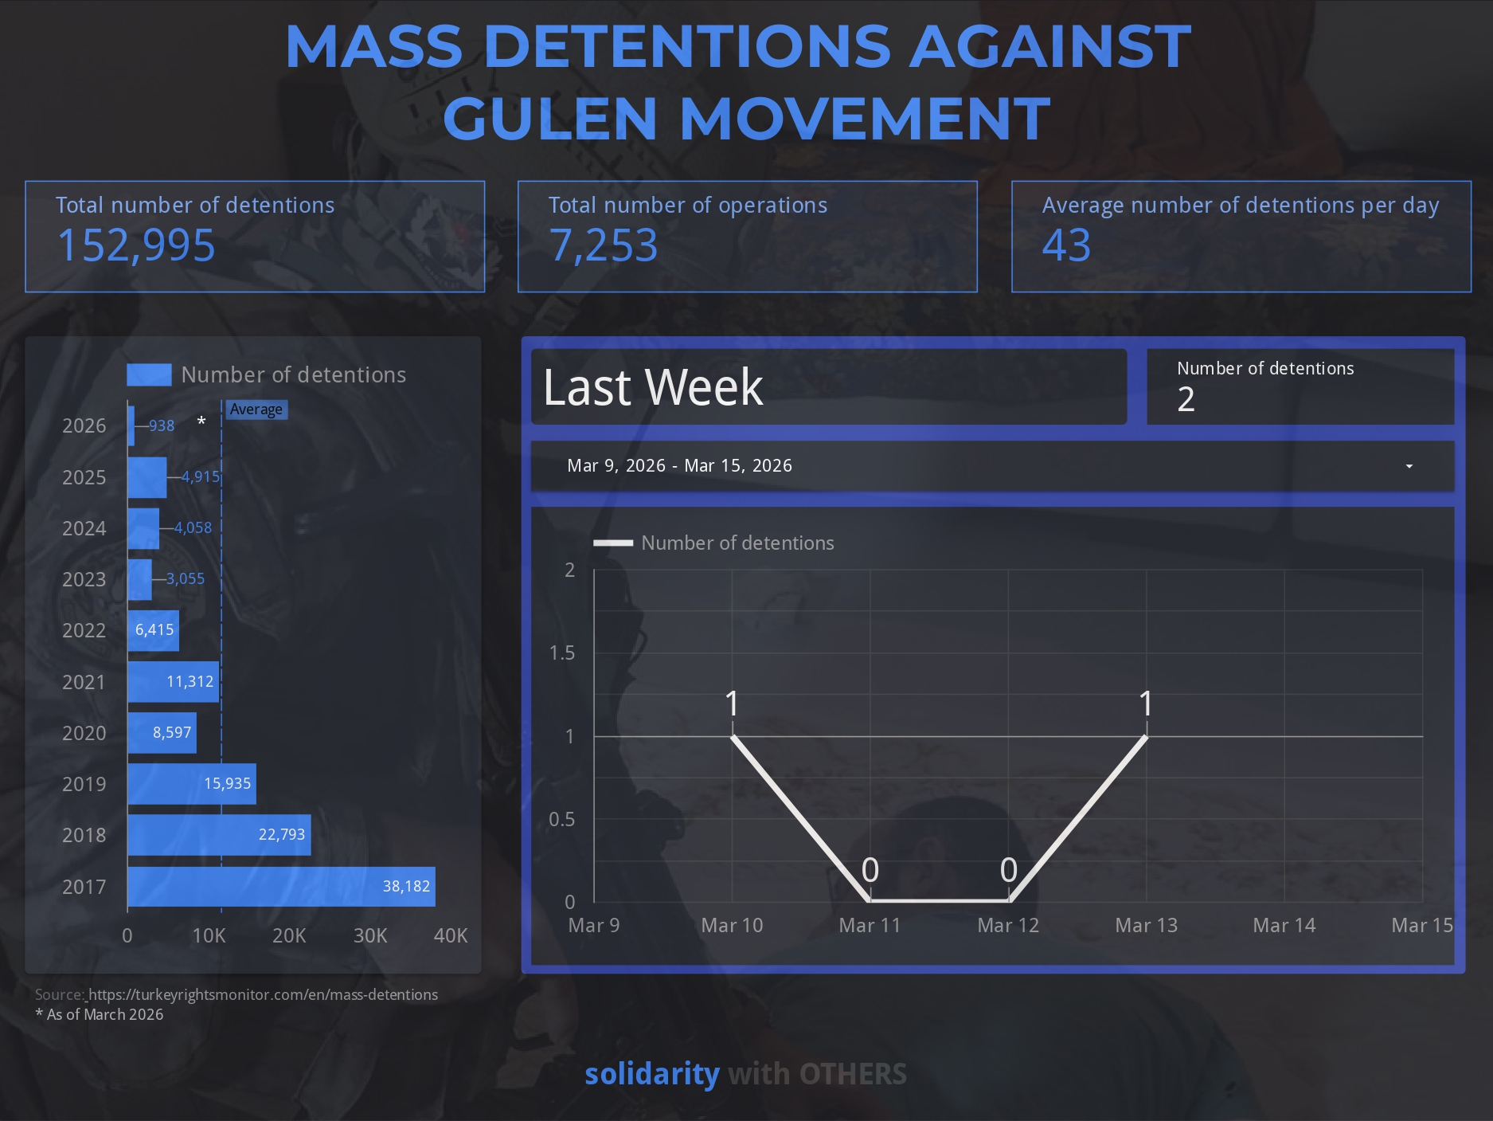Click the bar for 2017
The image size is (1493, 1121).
click(281, 887)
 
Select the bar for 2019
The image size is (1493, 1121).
click(191, 784)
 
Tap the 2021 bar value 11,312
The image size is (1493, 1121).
click(190, 682)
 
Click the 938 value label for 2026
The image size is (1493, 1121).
click(162, 426)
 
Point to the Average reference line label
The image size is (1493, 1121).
click(256, 410)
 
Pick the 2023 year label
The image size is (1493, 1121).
click(84, 579)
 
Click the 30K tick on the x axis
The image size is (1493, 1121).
click(370, 935)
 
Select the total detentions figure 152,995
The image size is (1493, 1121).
click(136, 245)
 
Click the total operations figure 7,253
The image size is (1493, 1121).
click(604, 245)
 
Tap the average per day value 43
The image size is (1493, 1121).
click(1066, 245)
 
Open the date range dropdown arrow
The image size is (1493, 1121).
click(1409, 466)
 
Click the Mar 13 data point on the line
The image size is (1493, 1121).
click(1146, 737)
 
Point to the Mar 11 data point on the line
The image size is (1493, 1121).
click(870, 901)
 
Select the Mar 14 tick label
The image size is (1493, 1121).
click(1284, 926)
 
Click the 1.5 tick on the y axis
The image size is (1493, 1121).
click(561, 653)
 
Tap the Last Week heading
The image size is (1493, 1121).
click(653, 387)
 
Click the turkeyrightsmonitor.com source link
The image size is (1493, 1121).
click(263, 995)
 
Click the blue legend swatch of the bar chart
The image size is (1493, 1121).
click(149, 375)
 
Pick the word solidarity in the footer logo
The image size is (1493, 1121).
click(651, 1074)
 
